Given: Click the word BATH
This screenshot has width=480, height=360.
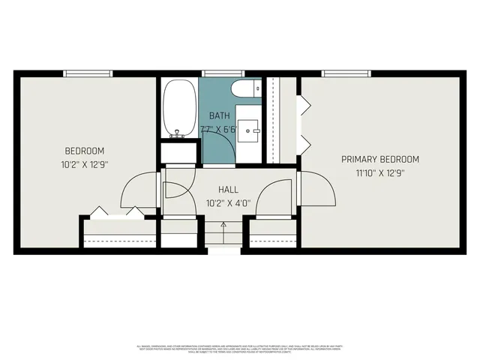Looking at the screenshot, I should tap(220, 115).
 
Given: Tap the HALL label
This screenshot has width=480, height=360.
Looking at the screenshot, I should tap(229, 190).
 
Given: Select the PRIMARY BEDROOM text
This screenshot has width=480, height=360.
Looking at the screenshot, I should tap(380, 159).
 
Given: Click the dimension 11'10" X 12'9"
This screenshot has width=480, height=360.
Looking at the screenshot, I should tap(380, 172).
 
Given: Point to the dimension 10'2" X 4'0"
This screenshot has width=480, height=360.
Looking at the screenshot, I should tap(229, 202).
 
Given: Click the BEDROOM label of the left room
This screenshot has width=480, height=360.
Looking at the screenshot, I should tap(84, 151).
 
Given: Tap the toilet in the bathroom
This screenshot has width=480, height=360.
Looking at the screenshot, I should tap(244, 90).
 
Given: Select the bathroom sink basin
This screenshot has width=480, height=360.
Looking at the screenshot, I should tap(248, 127).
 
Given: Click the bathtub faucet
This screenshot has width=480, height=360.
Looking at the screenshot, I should tap(178, 134).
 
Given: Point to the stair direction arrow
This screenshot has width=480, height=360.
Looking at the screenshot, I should tap(223, 226).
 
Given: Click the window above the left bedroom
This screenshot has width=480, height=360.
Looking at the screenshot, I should tap(88, 73).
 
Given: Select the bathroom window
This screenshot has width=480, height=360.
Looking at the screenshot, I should tap(222, 73).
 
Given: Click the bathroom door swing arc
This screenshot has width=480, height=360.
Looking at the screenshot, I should tap(225, 154).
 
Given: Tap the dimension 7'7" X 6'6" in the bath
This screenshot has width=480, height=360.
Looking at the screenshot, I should tap(220, 128).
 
